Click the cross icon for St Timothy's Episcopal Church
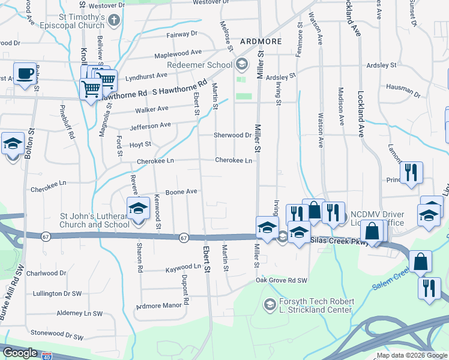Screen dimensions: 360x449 pos(115,20)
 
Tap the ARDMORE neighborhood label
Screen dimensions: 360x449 pos(261,41)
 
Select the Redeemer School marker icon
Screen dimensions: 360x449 pos(241,64)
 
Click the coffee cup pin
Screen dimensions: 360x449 pos(25,74)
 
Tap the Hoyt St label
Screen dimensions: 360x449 pos(140,145)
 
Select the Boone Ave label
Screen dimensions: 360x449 pos(181,191)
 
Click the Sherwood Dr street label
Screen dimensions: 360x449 pos(232,135)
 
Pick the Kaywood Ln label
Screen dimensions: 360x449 pos(182,269)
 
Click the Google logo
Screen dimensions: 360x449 pos(20,353)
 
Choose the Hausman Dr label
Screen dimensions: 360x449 pos(403,94)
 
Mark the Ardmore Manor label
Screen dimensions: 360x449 pos(158,306)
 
